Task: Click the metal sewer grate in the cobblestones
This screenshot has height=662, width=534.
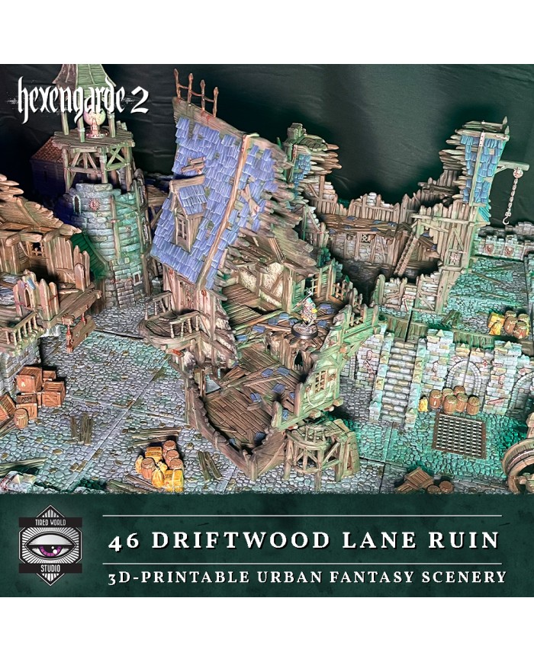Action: coord(458,435)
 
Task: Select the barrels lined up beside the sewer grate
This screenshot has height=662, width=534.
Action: coord(455,401)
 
